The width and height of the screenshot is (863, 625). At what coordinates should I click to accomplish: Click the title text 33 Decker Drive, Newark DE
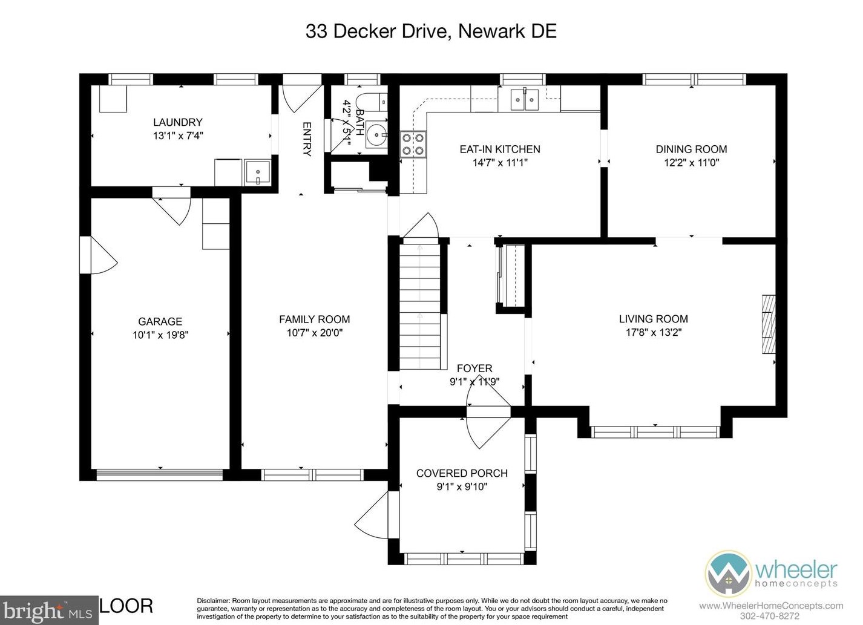[431, 31]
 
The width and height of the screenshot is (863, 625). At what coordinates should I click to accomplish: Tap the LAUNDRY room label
[177, 122]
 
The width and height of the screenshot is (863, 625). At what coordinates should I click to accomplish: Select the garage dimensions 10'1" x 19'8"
[160, 335]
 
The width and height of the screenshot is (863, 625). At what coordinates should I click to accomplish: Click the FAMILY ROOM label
[314, 319]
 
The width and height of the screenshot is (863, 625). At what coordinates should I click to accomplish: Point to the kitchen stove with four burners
[413, 144]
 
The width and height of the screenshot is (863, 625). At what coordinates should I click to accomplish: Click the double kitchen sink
[524, 100]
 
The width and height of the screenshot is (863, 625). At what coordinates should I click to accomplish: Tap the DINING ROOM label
[691, 149]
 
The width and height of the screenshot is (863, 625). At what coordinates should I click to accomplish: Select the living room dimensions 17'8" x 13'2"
[654, 332]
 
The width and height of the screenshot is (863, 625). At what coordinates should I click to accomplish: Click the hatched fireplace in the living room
[768, 324]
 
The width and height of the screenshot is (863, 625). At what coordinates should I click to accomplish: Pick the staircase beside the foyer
[419, 306]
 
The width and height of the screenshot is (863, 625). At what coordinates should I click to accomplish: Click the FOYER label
[474, 368]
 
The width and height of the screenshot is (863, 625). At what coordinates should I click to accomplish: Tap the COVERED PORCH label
[462, 473]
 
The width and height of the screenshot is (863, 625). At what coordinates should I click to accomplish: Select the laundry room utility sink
[258, 172]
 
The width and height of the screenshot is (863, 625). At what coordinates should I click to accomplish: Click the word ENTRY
[307, 139]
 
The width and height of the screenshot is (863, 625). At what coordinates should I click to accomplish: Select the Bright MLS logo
[48, 611]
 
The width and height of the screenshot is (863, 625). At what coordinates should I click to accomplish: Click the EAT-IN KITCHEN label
[500, 149]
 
